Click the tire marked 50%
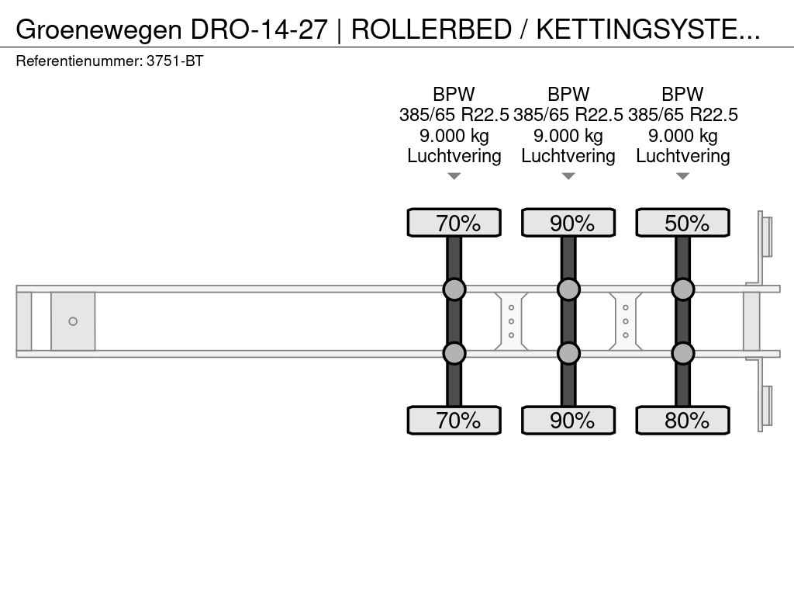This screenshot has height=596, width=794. [682, 223]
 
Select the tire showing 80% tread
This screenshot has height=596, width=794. [682, 420]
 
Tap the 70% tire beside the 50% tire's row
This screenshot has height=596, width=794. [454, 223]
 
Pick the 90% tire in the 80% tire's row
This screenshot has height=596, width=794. [568, 420]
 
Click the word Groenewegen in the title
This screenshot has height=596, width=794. [98, 30]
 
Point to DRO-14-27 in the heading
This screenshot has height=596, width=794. [259, 30]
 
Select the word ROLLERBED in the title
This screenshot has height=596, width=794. [431, 30]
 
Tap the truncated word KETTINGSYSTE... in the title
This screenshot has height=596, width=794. [648, 30]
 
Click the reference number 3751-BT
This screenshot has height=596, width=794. [174, 61]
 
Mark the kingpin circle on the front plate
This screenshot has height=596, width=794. [73, 321]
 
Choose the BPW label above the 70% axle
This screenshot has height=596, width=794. [454, 94]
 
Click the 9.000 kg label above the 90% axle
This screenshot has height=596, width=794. [568, 136]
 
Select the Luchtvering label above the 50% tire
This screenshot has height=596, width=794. [682, 156]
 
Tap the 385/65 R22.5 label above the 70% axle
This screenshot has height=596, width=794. [454, 115]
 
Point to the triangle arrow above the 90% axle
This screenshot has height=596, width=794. [568, 176]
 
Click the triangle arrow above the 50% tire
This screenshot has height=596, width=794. [682, 176]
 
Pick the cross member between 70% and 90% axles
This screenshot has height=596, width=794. [511, 321]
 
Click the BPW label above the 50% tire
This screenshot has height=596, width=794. [682, 94]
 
